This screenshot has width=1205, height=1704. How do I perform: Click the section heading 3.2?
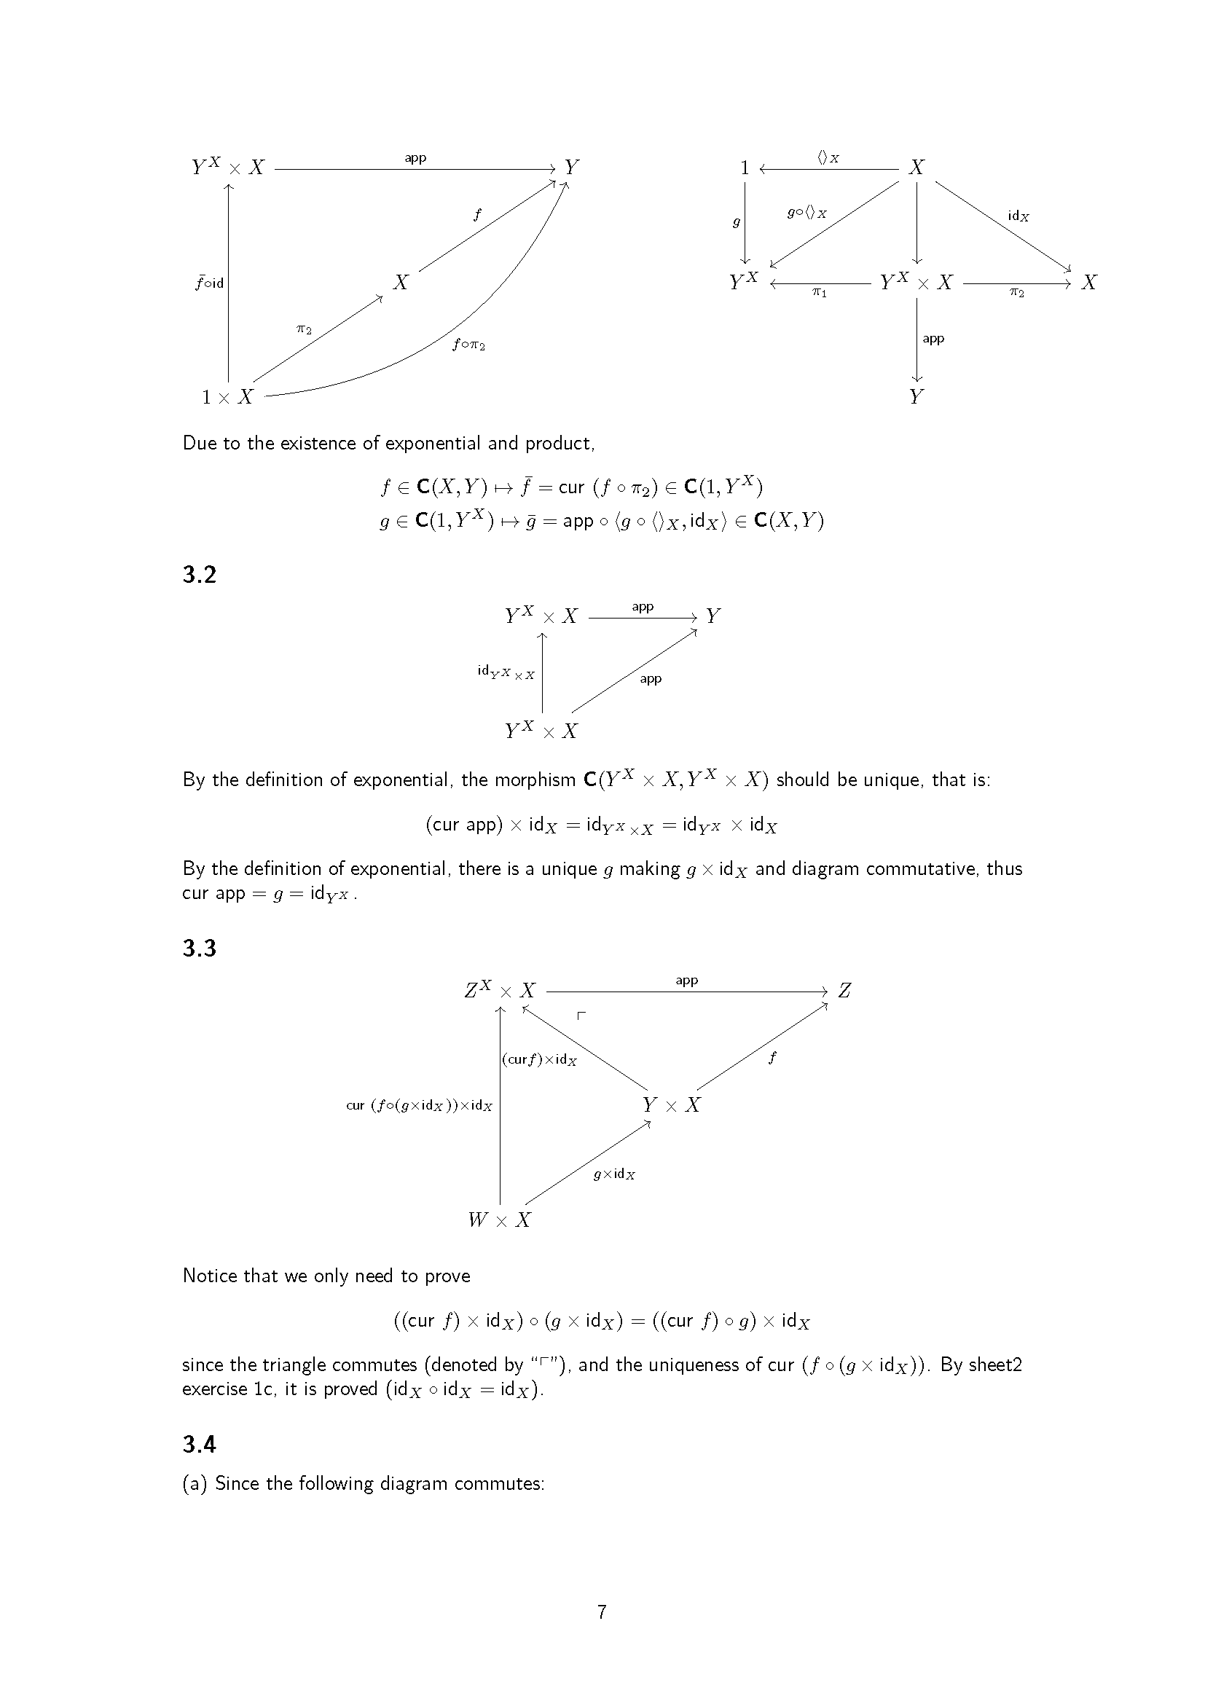point(199,576)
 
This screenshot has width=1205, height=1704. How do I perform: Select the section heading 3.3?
point(199,949)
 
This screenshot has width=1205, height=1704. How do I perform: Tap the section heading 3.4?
point(199,1444)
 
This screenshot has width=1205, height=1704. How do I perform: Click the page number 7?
point(602,1612)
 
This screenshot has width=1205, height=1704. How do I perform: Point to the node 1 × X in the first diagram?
point(228,397)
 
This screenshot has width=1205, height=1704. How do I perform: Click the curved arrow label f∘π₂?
point(469,345)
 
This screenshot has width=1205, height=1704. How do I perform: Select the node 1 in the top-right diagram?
point(745,168)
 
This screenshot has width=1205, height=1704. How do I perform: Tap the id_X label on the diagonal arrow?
point(1018,216)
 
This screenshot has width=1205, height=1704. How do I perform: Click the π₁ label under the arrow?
point(819,293)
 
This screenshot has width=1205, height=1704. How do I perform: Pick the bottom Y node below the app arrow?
point(917,397)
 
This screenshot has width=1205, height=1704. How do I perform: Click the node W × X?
point(499,1220)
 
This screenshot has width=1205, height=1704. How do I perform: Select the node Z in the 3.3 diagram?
point(844,991)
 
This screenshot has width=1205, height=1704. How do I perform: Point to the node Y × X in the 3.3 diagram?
point(672,1105)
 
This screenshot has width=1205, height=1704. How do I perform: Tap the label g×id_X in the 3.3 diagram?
point(614,1175)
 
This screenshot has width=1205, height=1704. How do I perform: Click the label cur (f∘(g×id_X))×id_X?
point(419,1106)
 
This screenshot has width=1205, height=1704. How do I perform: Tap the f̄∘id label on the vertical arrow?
point(209,283)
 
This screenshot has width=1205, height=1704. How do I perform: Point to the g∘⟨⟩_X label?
point(806,213)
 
